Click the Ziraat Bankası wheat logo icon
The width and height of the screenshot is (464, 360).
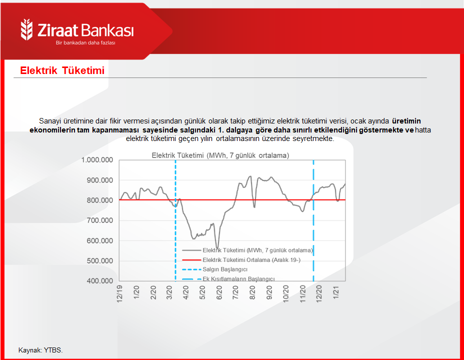[x=26, y=29]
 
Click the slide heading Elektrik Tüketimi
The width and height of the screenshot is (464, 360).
[x=62, y=70]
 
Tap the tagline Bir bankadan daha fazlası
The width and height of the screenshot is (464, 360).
[x=85, y=43]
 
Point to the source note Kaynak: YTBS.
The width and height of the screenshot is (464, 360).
[x=40, y=350]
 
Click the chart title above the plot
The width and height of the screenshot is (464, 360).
[x=220, y=155]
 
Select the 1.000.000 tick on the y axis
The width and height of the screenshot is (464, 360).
[x=97, y=160]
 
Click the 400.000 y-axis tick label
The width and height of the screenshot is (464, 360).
[x=99, y=280]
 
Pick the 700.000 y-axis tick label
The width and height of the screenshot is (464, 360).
[x=99, y=220]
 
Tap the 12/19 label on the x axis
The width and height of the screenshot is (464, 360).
[x=119, y=293]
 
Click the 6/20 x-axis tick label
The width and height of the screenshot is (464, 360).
[x=219, y=292]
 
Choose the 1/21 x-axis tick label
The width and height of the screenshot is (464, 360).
[x=336, y=292]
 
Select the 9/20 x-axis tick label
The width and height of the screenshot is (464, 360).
[x=269, y=292]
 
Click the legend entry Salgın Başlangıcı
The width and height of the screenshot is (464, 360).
[x=225, y=269]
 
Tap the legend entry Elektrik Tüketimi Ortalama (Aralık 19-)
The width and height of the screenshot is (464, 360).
[x=251, y=260]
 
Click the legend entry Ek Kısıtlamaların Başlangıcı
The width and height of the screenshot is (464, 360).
[x=238, y=279]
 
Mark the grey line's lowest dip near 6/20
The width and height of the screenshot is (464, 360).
[x=217, y=248]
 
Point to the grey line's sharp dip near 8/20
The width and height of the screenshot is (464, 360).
[x=254, y=207]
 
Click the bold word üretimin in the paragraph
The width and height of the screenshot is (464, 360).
[x=406, y=121]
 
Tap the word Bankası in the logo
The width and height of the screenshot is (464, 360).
[x=107, y=30]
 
